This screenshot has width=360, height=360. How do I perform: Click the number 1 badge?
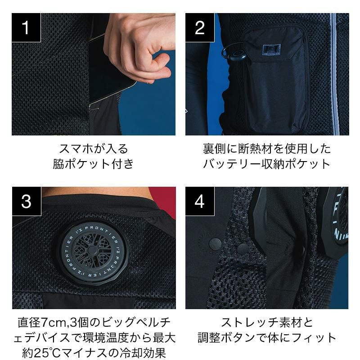click(26, 27)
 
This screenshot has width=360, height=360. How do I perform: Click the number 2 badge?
click(200, 27)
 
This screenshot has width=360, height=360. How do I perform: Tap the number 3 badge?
click(27, 201)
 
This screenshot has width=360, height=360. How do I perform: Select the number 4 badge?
click(200, 201)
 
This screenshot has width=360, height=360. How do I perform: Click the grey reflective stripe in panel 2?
click(334, 74)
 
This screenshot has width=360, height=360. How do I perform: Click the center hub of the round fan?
click(93, 250)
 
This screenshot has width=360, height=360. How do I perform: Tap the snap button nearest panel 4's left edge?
click(216, 243)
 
